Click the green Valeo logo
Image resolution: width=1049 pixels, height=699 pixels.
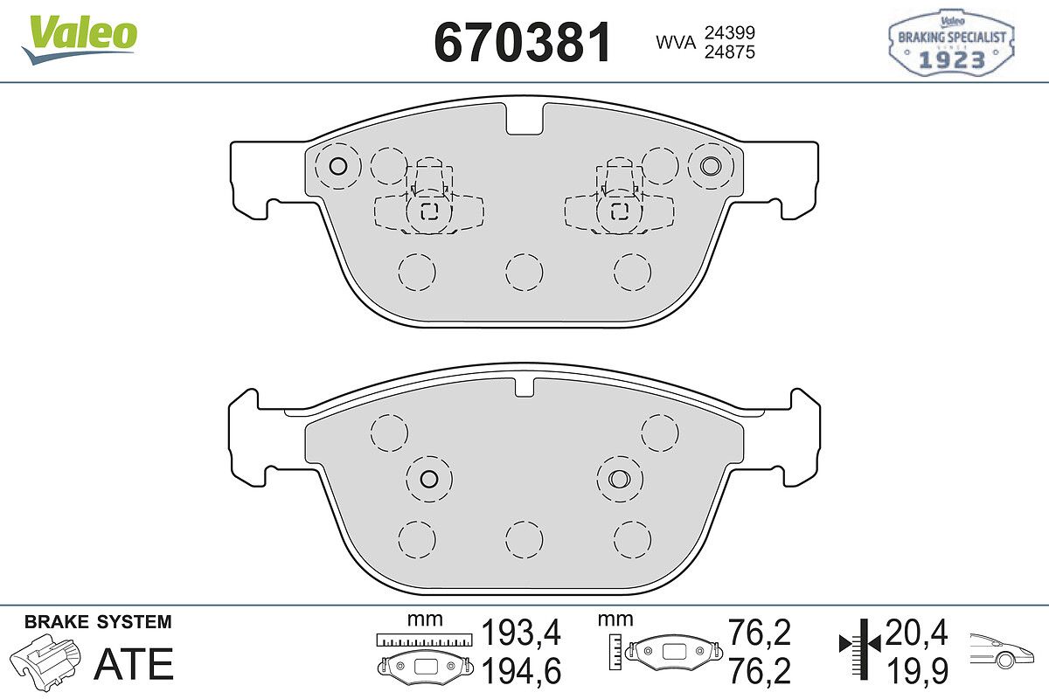pyautogui.click(x=80, y=39)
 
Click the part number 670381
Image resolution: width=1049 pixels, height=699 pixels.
pyautogui.click(x=523, y=42)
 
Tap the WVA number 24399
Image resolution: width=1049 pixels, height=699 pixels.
pyautogui.click(x=730, y=33)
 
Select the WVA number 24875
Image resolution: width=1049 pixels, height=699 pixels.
pyautogui.click(x=730, y=52)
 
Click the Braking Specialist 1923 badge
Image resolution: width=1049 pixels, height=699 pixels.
pyautogui.click(x=951, y=42)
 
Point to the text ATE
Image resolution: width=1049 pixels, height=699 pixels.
pyautogui.click(x=134, y=664)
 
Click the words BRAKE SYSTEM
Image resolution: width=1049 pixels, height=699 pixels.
pyautogui.click(x=98, y=622)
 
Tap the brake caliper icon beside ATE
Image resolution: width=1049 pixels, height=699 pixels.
pyautogui.click(x=45, y=661)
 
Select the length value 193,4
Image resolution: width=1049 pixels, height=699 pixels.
pyautogui.click(x=521, y=632)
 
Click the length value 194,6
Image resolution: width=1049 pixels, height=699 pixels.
pyautogui.click(x=521, y=671)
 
